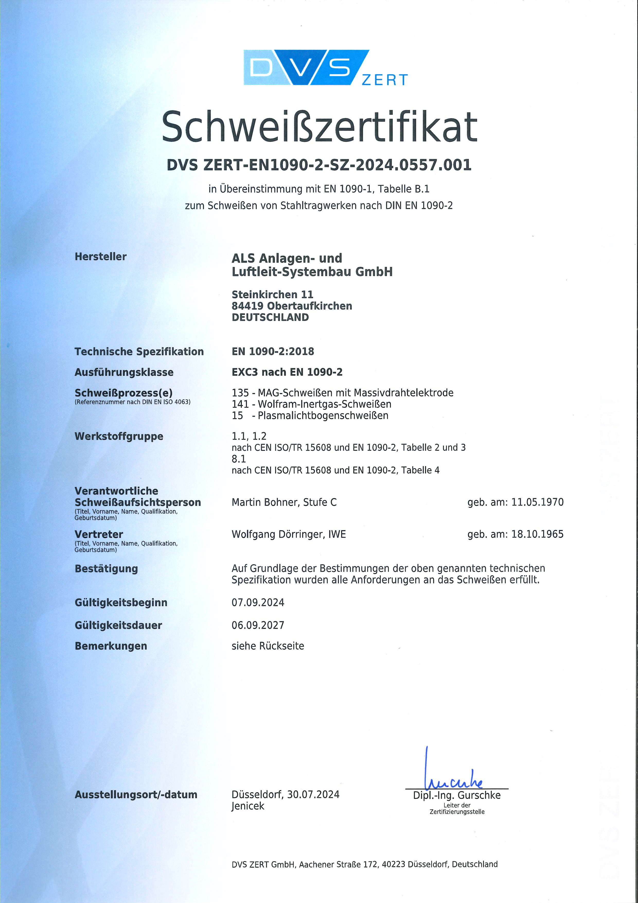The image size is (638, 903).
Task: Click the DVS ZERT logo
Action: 325,68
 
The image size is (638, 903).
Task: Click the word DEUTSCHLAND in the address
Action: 270,317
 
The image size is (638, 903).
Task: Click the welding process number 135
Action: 240,393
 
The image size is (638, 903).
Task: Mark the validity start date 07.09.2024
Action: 258,603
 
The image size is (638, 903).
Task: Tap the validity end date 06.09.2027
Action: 258,625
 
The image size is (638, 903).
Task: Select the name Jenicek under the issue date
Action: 248,806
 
